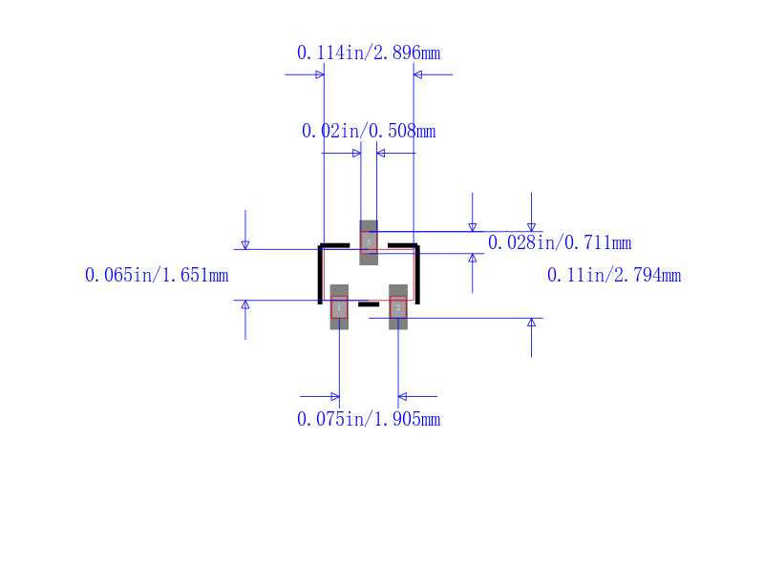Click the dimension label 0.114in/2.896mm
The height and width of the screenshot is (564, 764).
pos(369,52)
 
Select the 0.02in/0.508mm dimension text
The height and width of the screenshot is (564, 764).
pos(369,131)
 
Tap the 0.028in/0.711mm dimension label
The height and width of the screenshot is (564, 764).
pos(560,242)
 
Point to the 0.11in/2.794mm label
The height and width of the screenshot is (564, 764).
pos(614,275)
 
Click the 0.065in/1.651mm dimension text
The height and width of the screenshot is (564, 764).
pos(157,275)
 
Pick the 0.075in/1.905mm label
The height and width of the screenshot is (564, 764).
pos(369,419)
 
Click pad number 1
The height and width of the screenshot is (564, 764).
pos(339,307)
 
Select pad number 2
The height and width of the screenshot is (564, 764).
pos(398,307)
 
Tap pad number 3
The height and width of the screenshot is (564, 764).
pos(369,242)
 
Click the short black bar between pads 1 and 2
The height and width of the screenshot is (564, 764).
pos(369,304)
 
